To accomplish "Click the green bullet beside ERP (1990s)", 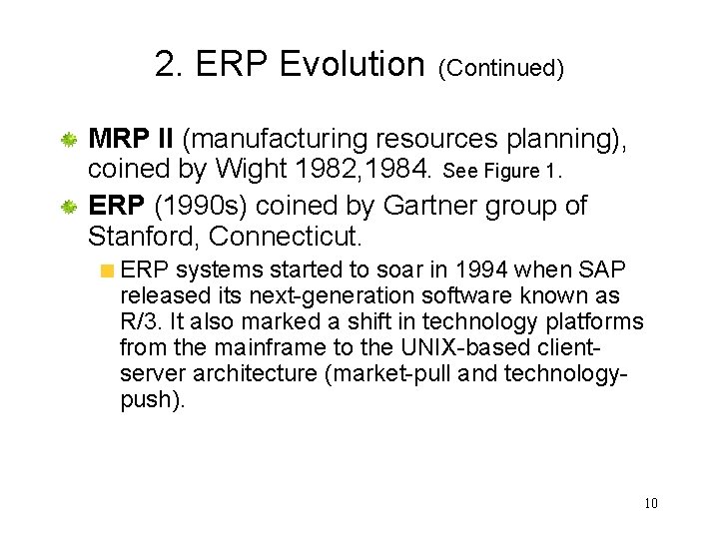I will pos(70,207).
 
